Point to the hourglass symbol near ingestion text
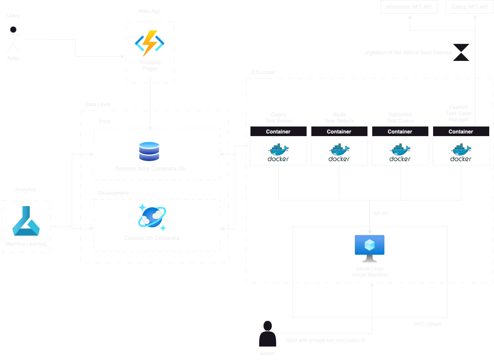461,52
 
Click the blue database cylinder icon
149,151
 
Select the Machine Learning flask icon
26,221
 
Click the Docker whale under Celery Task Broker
278,152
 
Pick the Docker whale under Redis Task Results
339,152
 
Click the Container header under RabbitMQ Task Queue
400,131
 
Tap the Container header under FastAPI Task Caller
461,131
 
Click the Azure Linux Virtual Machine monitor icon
370,248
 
